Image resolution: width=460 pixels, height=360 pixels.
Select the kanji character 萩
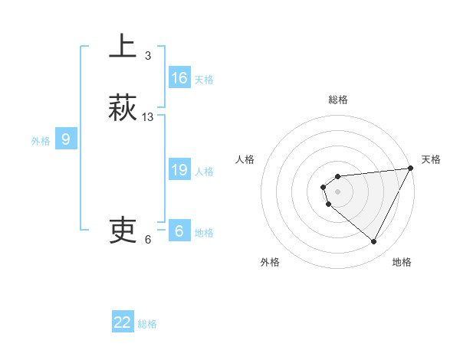pyautogui.click(x=123, y=107)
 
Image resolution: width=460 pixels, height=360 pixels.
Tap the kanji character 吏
pyautogui.click(x=123, y=229)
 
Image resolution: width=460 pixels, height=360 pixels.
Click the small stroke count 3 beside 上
pyautogui.click(x=148, y=56)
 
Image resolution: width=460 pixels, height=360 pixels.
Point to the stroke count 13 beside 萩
pyautogui.click(x=148, y=117)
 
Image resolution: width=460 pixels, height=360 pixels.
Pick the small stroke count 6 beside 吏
pyautogui.click(x=148, y=240)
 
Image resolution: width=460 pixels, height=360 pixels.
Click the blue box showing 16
pyautogui.click(x=179, y=78)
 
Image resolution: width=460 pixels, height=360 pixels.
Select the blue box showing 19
pyautogui.click(x=179, y=170)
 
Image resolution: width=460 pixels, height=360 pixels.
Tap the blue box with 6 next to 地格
pyautogui.click(x=179, y=231)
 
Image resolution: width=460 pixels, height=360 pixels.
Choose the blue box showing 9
pyautogui.click(x=66, y=139)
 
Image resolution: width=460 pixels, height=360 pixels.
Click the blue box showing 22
pyautogui.click(x=123, y=322)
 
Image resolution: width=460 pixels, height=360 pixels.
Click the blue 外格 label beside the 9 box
pyautogui.click(x=41, y=140)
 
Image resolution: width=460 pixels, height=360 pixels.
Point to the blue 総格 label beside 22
pyautogui.click(x=147, y=324)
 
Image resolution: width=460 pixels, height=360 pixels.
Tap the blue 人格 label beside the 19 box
pyautogui.click(x=204, y=172)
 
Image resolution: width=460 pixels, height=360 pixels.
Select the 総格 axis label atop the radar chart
pyautogui.click(x=338, y=100)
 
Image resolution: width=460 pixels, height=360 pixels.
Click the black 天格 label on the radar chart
pyautogui.click(x=431, y=159)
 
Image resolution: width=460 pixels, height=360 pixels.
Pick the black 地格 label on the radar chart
pyautogui.click(x=402, y=262)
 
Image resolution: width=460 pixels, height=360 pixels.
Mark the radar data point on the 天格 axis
pyautogui.click(x=410, y=169)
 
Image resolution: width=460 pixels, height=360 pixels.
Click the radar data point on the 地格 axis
pyautogui.click(x=374, y=241)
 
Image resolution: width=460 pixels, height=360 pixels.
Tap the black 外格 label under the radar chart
pyautogui.click(x=270, y=262)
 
